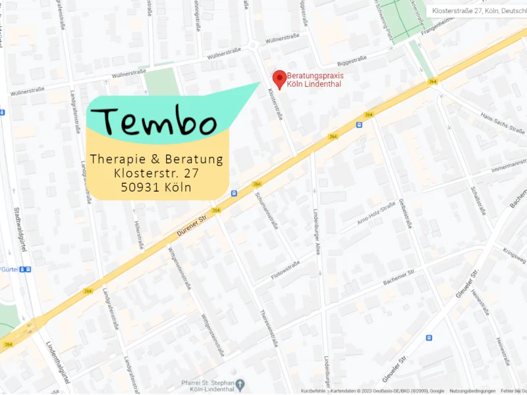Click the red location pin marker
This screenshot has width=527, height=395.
279,79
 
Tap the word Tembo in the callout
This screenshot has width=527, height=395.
160,122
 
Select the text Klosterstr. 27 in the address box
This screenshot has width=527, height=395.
157,173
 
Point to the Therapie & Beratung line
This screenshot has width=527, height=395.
157,159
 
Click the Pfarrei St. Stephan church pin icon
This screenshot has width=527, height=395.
241,384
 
